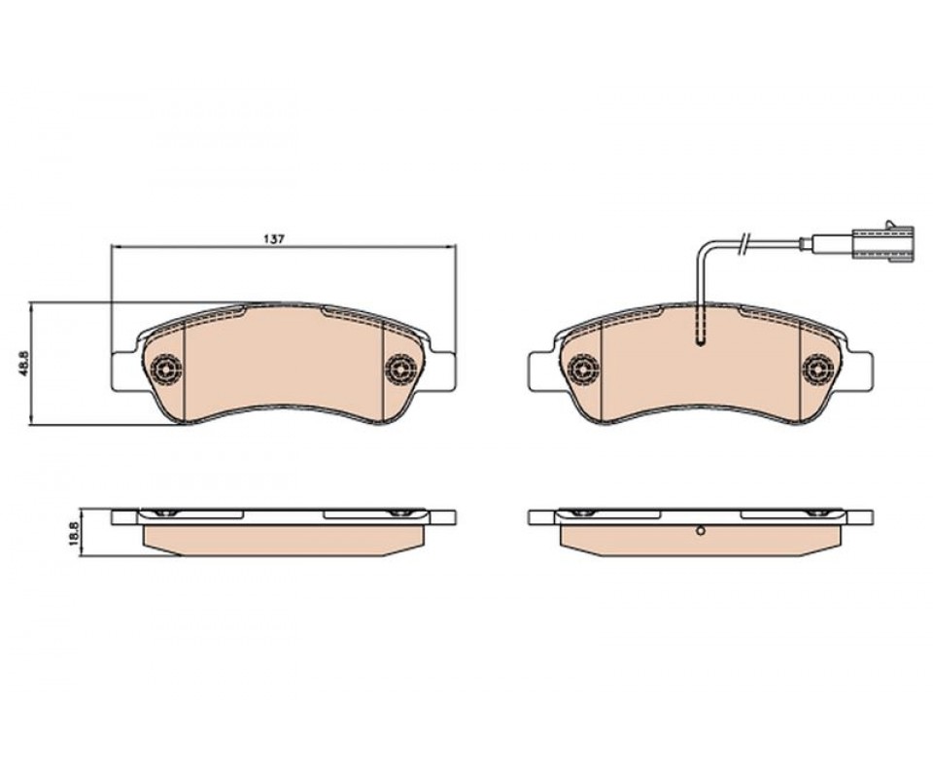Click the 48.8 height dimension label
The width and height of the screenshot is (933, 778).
(x=25, y=364)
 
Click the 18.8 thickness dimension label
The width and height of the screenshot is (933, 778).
(x=75, y=533)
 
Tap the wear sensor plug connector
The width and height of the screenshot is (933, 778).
(x=880, y=242)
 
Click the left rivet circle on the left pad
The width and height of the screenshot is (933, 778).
(x=166, y=370)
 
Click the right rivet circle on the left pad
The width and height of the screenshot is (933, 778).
(x=400, y=370)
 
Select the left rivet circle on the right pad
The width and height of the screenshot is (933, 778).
(x=584, y=370)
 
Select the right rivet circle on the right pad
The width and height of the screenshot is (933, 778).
(x=817, y=370)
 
